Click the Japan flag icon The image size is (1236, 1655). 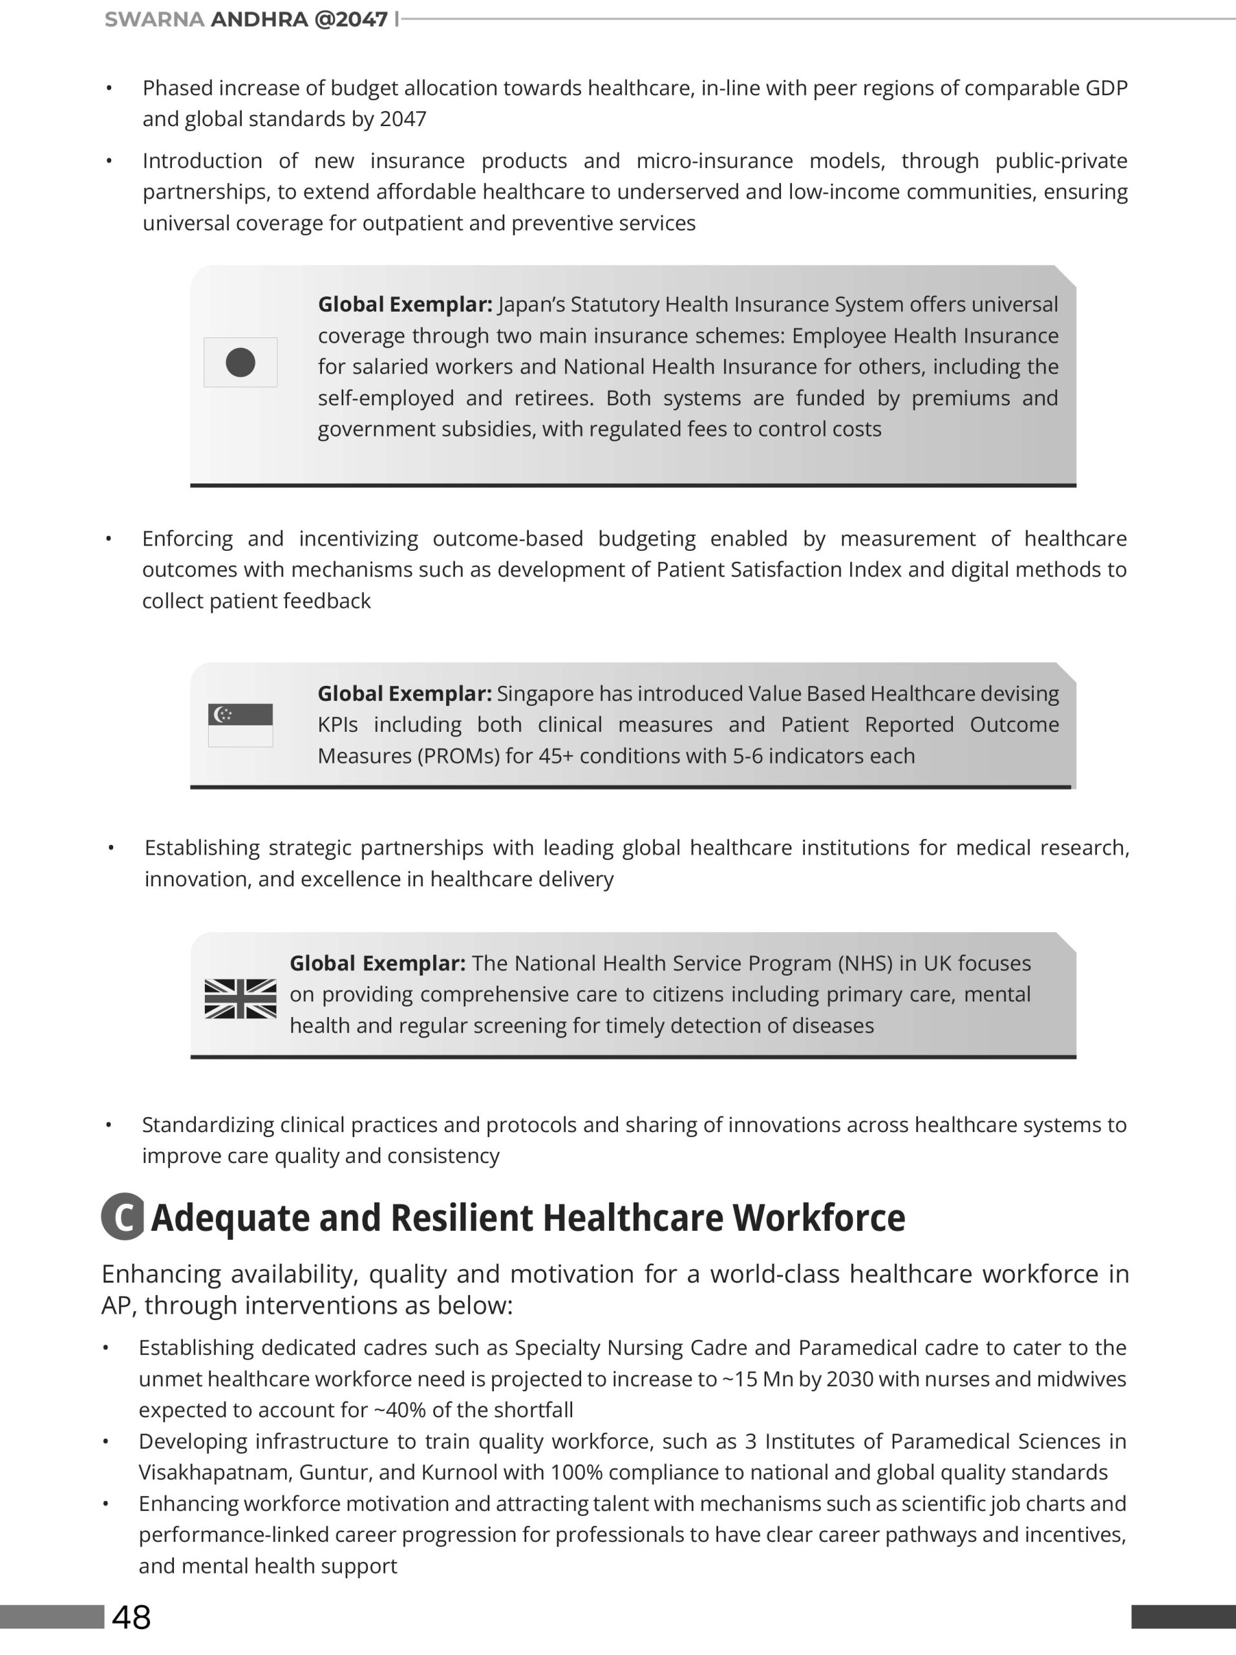[x=240, y=362]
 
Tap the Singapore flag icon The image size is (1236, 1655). [x=240, y=724]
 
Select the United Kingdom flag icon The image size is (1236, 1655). [x=240, y=999]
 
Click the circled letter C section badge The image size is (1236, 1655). [x=123, y=1217]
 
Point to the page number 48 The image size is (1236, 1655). [x=132, y=1618]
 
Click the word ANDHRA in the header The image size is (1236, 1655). [x=259, y=19]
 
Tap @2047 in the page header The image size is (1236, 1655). [x=351, y=19]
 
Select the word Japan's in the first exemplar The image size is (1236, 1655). [x=532, y=304]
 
